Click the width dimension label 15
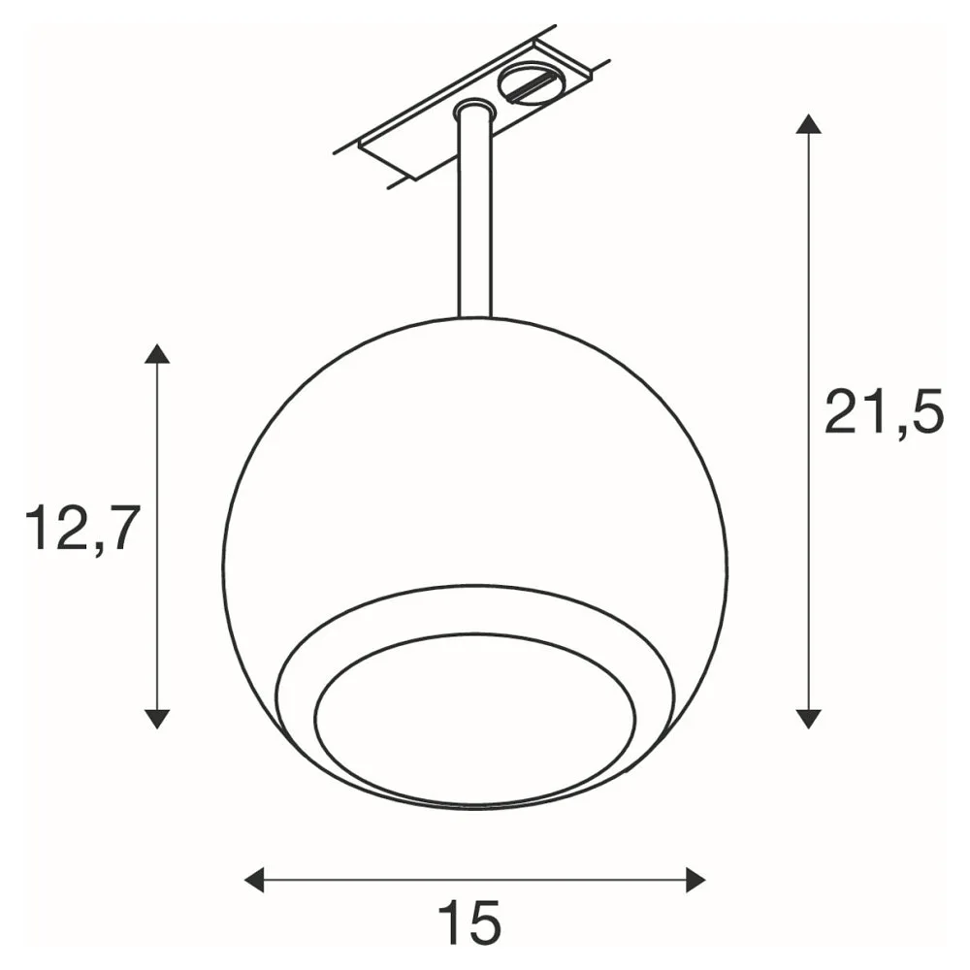pyautogui.click(x=469, y=921)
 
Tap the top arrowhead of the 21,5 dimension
pyautogui.click(x=808, y=124)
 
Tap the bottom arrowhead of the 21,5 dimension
pyautogui.click(x=808, y=718)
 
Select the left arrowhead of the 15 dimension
pyautogui.click(x=254, y=880)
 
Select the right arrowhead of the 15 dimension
pyautogui.click(x=695, y=880)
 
